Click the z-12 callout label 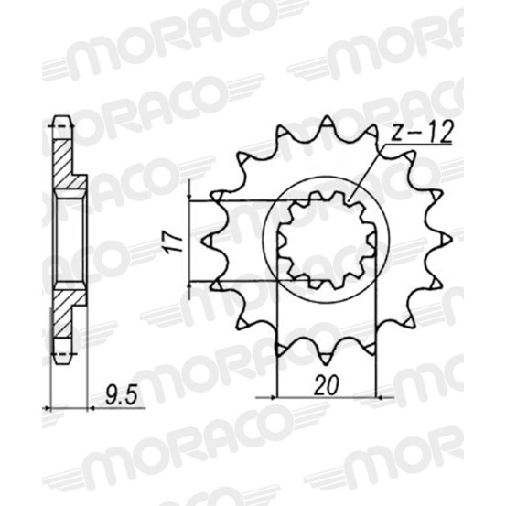[421, 133]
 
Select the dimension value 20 [327, 385]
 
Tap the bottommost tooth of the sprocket [327, 357]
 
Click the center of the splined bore [327, 241]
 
